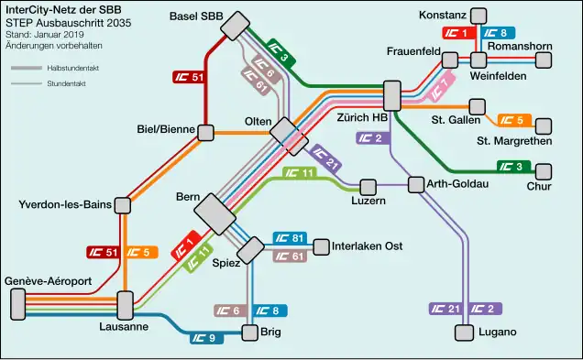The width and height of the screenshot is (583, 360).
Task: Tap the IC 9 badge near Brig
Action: [207, 338]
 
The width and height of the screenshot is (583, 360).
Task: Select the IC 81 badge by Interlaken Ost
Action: [291, 240]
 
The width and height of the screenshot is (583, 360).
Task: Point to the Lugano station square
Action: [461, 332]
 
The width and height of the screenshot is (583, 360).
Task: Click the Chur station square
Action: [545, 170]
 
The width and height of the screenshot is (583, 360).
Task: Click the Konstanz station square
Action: [478, 16]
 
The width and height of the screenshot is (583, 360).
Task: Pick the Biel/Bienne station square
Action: [206, 133]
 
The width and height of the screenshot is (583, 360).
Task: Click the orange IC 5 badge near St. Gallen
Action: [511, 120]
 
